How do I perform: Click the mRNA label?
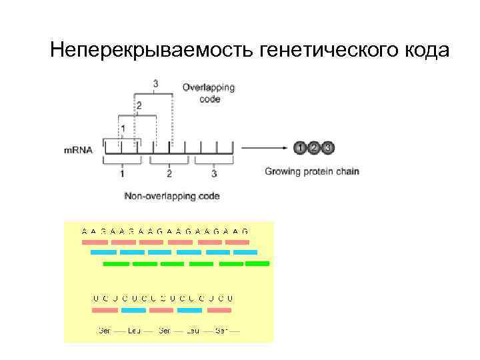point(77,151)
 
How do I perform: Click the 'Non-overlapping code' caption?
point(172,196)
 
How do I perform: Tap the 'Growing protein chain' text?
point(312,171)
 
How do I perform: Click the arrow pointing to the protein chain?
point(264,147)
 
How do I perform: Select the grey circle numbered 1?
point(300,147)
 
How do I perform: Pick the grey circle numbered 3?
point(327,147)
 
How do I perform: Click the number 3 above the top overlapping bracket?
point(156,84)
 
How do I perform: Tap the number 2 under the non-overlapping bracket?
point(169,174)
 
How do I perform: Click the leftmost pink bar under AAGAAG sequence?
point(94,241)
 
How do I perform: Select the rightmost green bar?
point(257,263)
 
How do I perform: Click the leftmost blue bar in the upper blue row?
point(103,252)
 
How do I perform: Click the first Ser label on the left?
point(104,330)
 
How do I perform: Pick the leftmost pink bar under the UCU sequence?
point(105,310)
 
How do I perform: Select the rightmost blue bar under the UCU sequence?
point(189,310)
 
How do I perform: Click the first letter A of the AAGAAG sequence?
point(85,231)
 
